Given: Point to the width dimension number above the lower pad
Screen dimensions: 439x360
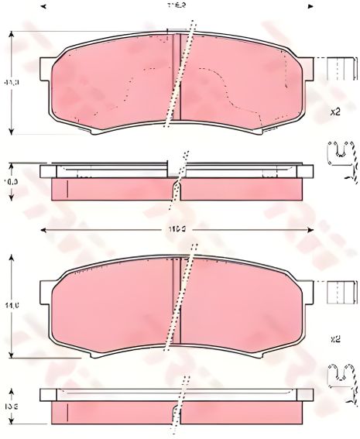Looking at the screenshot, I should [x=180, y=230].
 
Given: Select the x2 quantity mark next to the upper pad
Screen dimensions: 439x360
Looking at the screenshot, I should [x=334, y=111].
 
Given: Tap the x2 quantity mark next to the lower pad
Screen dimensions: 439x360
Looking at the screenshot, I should [x=334, y=338].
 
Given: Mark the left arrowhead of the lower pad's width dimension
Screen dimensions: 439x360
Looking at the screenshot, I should [x=43, y=230].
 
